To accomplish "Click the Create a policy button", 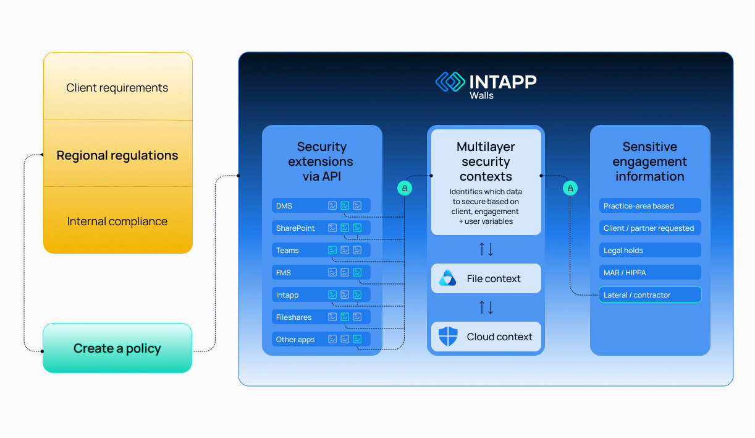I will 117,348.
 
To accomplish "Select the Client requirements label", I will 117,88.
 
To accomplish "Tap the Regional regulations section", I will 117,155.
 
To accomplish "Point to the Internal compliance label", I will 117,221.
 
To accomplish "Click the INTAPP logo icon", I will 450,82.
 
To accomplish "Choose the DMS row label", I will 284,206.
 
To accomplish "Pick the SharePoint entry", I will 295,228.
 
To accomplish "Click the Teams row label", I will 287,251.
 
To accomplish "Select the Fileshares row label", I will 293,317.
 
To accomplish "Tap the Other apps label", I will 295,340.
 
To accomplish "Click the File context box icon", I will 447,278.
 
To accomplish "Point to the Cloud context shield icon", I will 447,337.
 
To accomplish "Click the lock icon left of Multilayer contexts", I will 405,188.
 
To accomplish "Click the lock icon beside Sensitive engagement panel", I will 570,188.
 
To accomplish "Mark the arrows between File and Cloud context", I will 486,307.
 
